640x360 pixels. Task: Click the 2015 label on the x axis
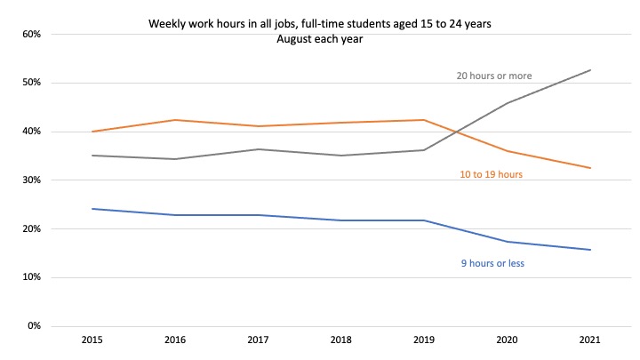tap(92, 340)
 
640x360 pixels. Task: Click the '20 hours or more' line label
tap(493, 76)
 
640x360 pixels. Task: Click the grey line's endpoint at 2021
tap(591, 70)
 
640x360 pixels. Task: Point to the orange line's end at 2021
tap(591, 168)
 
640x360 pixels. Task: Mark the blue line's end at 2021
tap(591, 250)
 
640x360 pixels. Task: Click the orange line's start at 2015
tap(92, 132)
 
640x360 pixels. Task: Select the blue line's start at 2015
tap(92, 209)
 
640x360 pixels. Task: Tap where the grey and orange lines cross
tap(456, 134)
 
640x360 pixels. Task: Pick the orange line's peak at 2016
tap(175, 120)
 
